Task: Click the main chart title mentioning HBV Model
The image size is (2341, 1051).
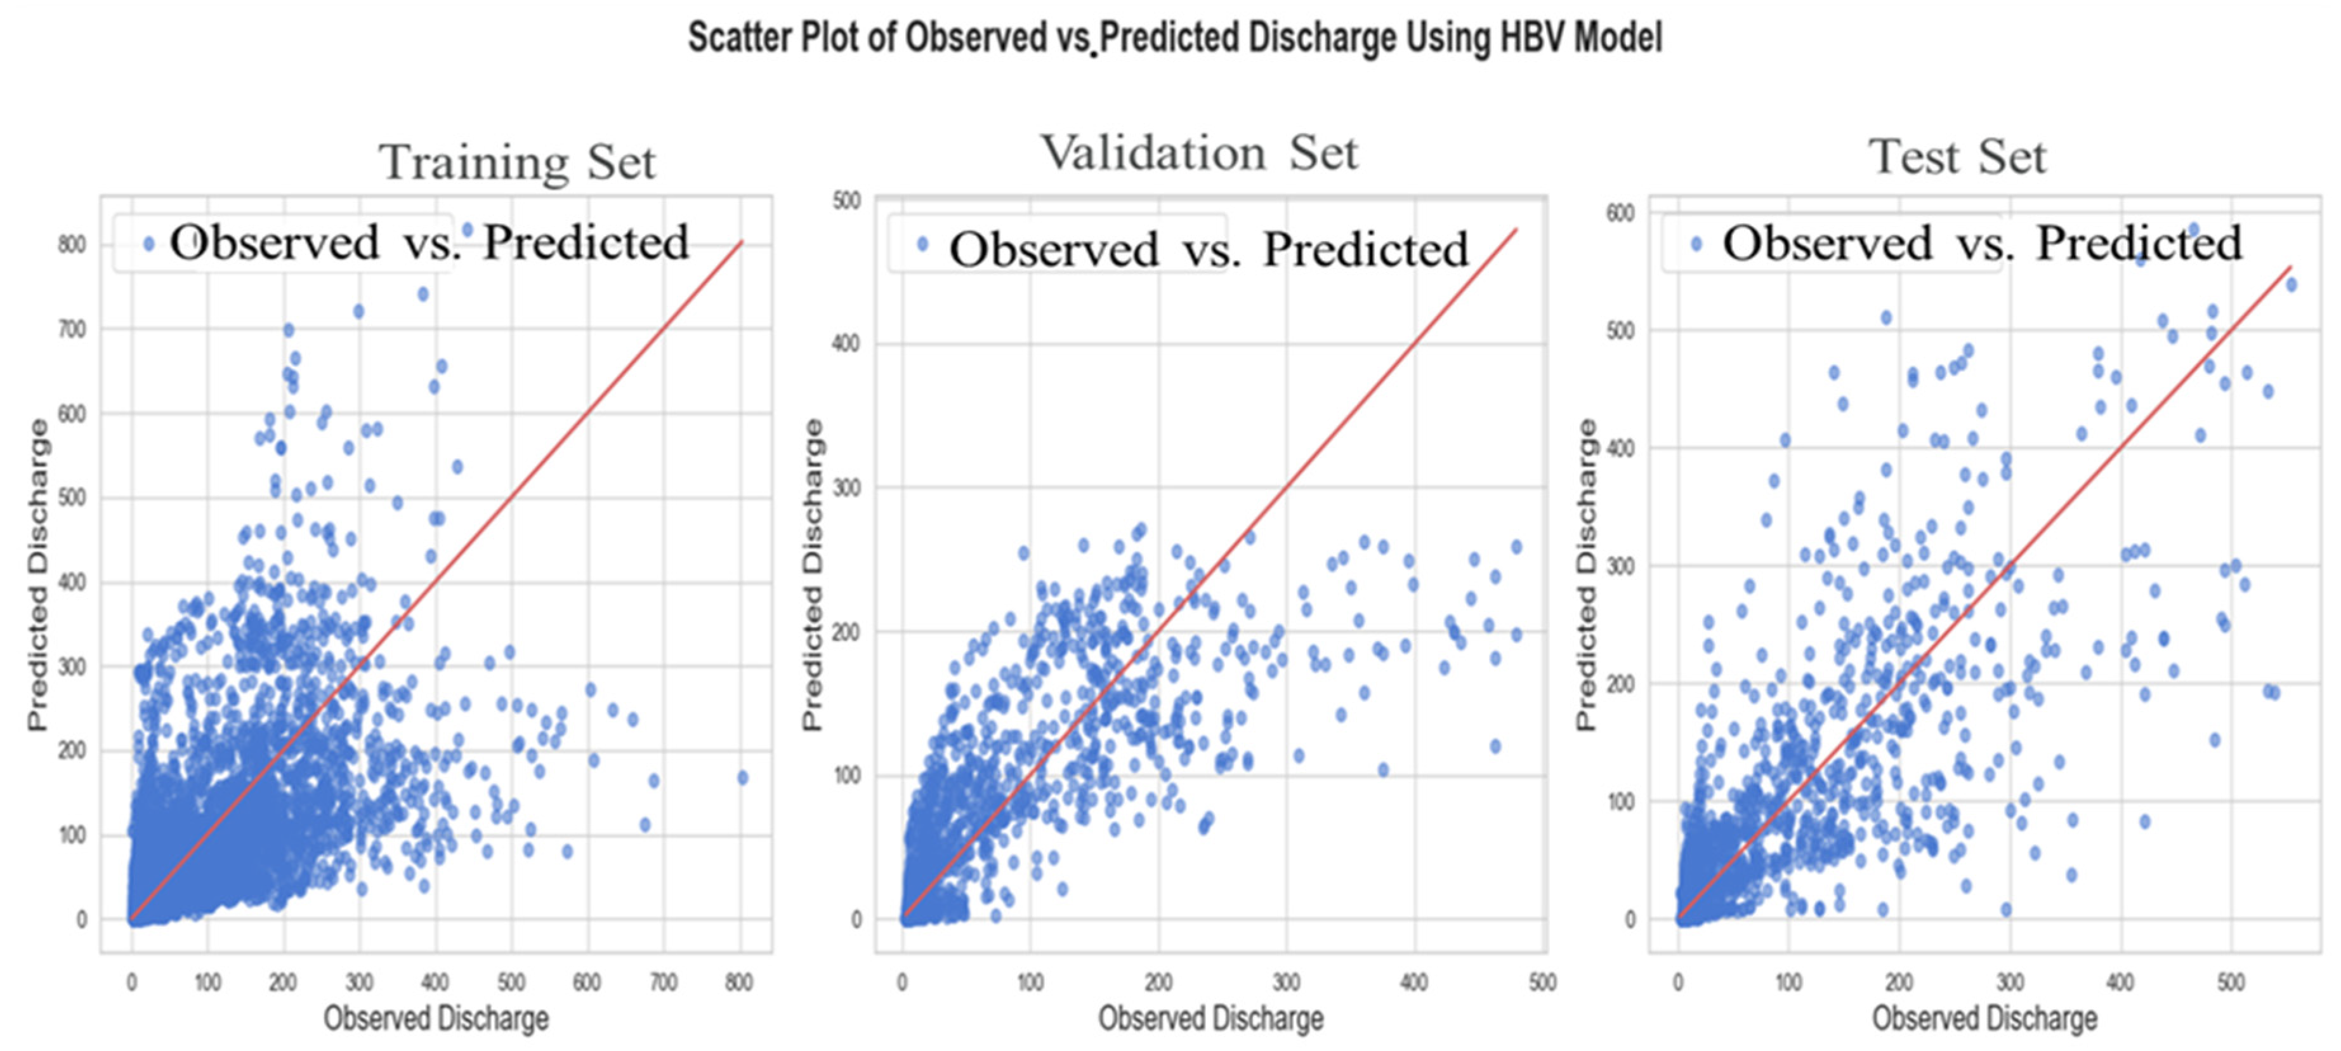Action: point(1175,38)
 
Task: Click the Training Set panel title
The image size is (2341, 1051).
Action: point(517,162)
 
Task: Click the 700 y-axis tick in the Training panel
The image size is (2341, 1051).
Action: point(73,329)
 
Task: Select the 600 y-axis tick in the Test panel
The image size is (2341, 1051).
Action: point(1620,213)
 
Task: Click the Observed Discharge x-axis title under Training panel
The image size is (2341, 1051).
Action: point(436,1018)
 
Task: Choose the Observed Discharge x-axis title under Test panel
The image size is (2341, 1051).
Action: point(1984,1018)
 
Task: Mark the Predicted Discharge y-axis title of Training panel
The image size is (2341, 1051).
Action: point(37,574)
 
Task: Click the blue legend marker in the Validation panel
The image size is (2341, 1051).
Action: point(922,244)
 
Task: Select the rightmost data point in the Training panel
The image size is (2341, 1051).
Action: point(742,778)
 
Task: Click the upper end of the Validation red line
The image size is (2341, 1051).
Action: point(1517,229)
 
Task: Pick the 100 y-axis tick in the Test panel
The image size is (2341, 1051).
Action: point(1620,802)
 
